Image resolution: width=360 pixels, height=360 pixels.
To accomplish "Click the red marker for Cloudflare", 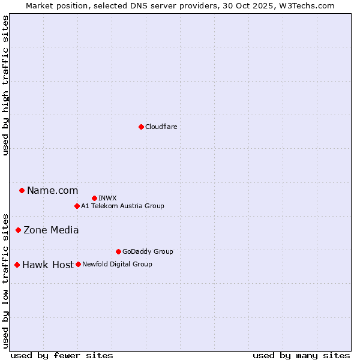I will [141, 127].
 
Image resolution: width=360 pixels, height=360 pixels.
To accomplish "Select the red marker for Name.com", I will [22, 190].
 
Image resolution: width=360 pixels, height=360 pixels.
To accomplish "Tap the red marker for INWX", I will [94, 198].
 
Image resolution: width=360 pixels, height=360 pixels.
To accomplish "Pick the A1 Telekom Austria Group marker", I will [77, 206].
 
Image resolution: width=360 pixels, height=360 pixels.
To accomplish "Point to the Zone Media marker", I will [18, 230].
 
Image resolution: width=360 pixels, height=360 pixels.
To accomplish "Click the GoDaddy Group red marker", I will [118, 251].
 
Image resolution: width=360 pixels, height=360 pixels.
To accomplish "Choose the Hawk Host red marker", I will [17, 265].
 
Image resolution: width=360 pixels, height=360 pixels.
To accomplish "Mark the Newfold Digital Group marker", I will [78, 264].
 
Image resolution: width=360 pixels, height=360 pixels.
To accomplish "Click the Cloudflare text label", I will [161, 127].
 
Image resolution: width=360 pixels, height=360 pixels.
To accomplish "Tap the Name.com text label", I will [52, 190].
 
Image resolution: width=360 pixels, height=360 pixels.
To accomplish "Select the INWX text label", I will [107, 198].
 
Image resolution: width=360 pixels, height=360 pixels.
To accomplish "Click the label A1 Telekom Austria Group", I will [122, 206].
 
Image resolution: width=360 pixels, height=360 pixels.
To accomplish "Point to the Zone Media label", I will [51, 230].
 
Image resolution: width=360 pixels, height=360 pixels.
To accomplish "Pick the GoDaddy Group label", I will [148, 251].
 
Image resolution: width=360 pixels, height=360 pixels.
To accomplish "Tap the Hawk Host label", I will [48, 265].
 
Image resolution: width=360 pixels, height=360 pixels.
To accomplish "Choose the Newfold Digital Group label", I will [117, 264].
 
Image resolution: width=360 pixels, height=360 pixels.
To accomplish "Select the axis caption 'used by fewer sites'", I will [62, 355].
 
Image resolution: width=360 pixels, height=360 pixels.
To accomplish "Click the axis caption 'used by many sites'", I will [301, 355].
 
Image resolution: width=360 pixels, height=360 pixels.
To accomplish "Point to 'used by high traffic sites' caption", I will [5, 85].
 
